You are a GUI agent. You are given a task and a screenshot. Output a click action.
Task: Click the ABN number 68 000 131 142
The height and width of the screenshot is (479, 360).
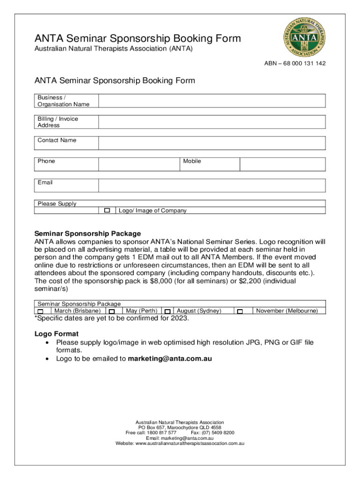pos(301,64)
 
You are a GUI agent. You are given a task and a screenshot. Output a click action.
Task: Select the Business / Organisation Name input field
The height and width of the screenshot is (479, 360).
pos(212,101)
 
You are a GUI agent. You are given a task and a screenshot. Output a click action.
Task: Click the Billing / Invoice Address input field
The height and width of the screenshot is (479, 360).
pos(212,122)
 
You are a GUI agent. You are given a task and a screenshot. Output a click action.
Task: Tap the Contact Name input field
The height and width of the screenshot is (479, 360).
pos(212,143)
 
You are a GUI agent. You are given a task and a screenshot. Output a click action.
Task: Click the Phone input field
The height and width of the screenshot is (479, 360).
pos(139,164)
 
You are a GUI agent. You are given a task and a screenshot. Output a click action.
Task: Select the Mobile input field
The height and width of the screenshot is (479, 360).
pos(282,164)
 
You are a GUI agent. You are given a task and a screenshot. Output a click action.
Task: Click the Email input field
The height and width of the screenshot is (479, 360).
pos(212,185)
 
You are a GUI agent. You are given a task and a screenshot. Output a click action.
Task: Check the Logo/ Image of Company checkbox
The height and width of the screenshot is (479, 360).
pos(107,210)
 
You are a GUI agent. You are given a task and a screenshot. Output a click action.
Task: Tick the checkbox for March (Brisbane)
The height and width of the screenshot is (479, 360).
pos(41,311)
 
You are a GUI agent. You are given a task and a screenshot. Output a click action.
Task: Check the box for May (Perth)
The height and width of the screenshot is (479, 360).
pos(112,311)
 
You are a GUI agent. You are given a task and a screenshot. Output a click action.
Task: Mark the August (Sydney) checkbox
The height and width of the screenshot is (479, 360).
pos(167,311)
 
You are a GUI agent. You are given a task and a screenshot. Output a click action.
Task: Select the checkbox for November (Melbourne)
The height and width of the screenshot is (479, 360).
pos(240,311)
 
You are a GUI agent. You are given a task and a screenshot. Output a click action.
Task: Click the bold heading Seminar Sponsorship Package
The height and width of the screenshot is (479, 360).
pos(87,233)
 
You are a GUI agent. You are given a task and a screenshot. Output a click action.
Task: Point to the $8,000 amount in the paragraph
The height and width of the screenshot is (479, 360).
pos(157,281)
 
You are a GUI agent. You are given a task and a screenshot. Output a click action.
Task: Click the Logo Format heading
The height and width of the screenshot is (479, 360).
pos(57,334)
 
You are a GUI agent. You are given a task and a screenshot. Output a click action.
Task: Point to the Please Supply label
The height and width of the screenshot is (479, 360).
pos(57,203)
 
